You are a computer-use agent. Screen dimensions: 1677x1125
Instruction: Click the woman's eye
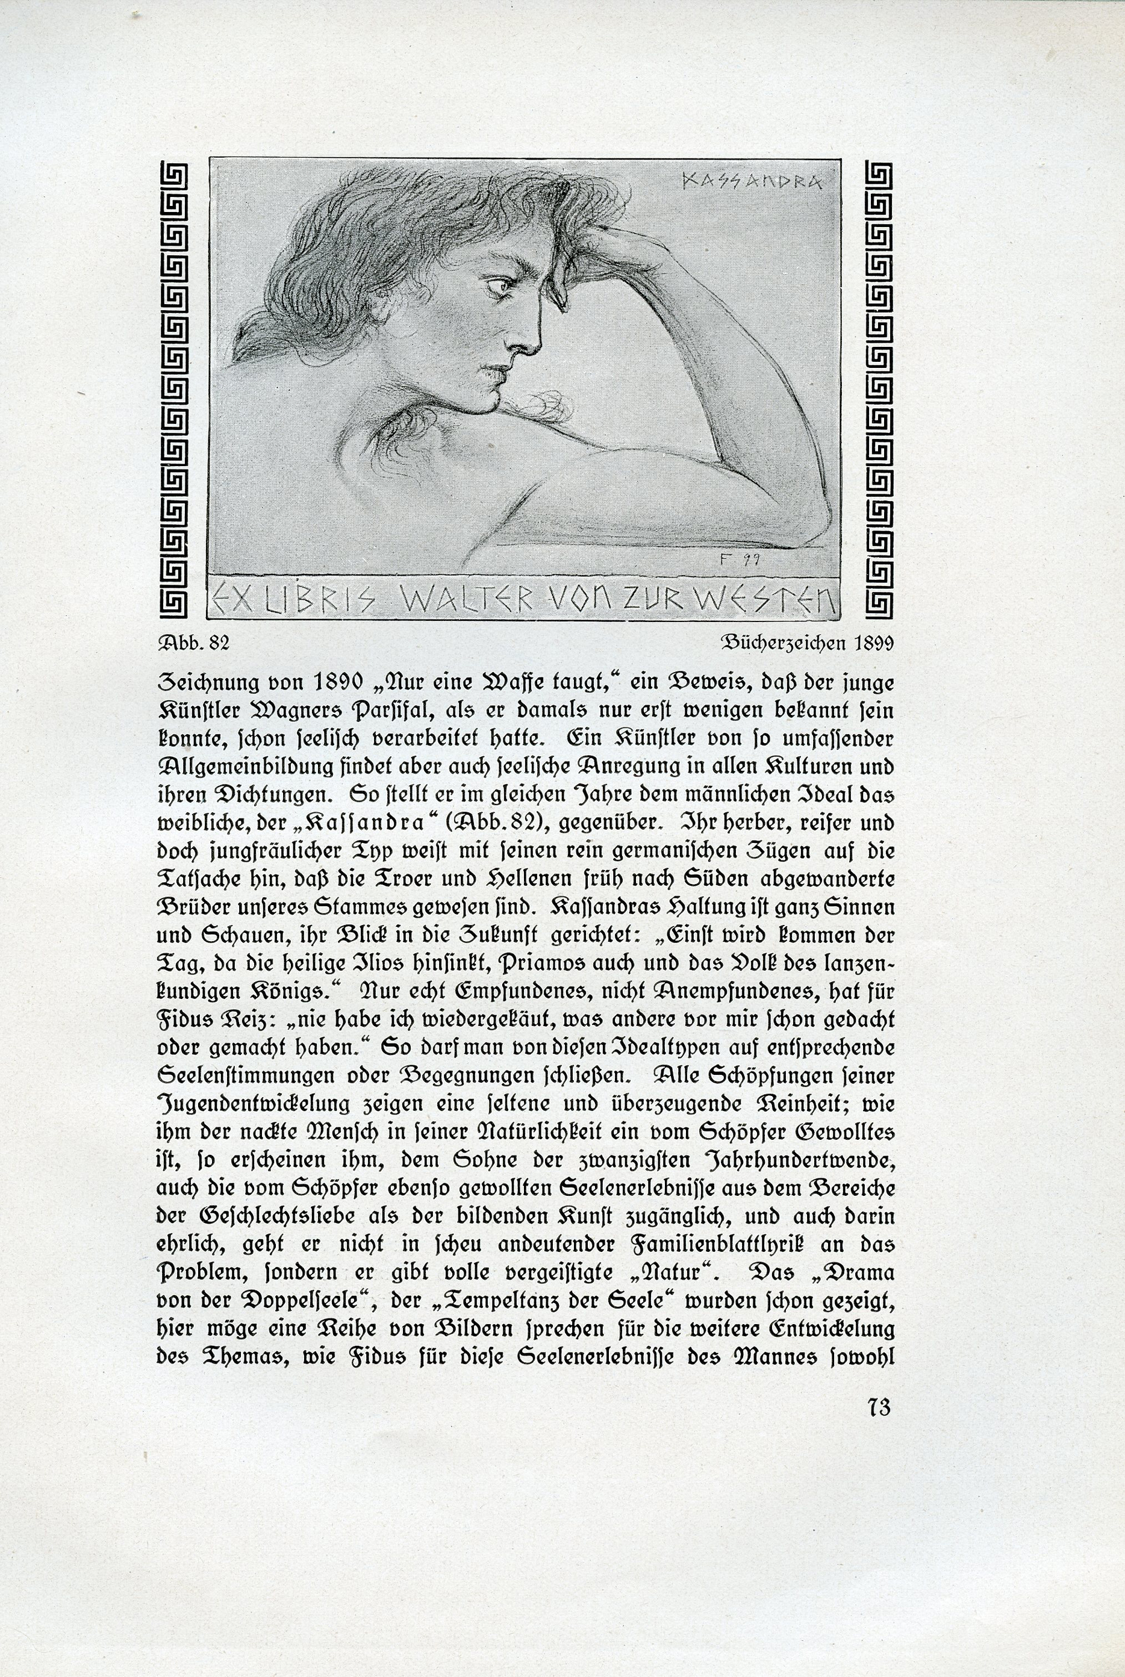(502, 285)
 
